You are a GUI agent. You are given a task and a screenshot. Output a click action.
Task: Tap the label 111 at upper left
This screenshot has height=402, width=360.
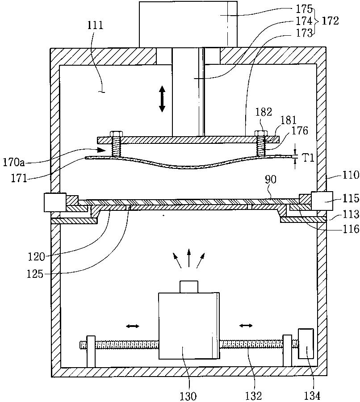[96, 25]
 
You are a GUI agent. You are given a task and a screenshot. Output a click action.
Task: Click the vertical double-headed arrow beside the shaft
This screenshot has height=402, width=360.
[162, 99]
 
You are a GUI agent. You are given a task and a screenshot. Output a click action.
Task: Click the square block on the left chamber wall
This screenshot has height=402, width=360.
[54, 202]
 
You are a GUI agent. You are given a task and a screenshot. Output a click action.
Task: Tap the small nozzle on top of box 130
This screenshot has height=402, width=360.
[189, 286]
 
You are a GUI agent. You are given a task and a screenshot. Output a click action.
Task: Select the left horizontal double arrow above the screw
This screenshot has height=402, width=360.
[132, 327]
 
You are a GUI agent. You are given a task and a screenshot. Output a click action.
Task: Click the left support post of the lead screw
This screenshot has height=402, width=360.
[91, 351]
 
